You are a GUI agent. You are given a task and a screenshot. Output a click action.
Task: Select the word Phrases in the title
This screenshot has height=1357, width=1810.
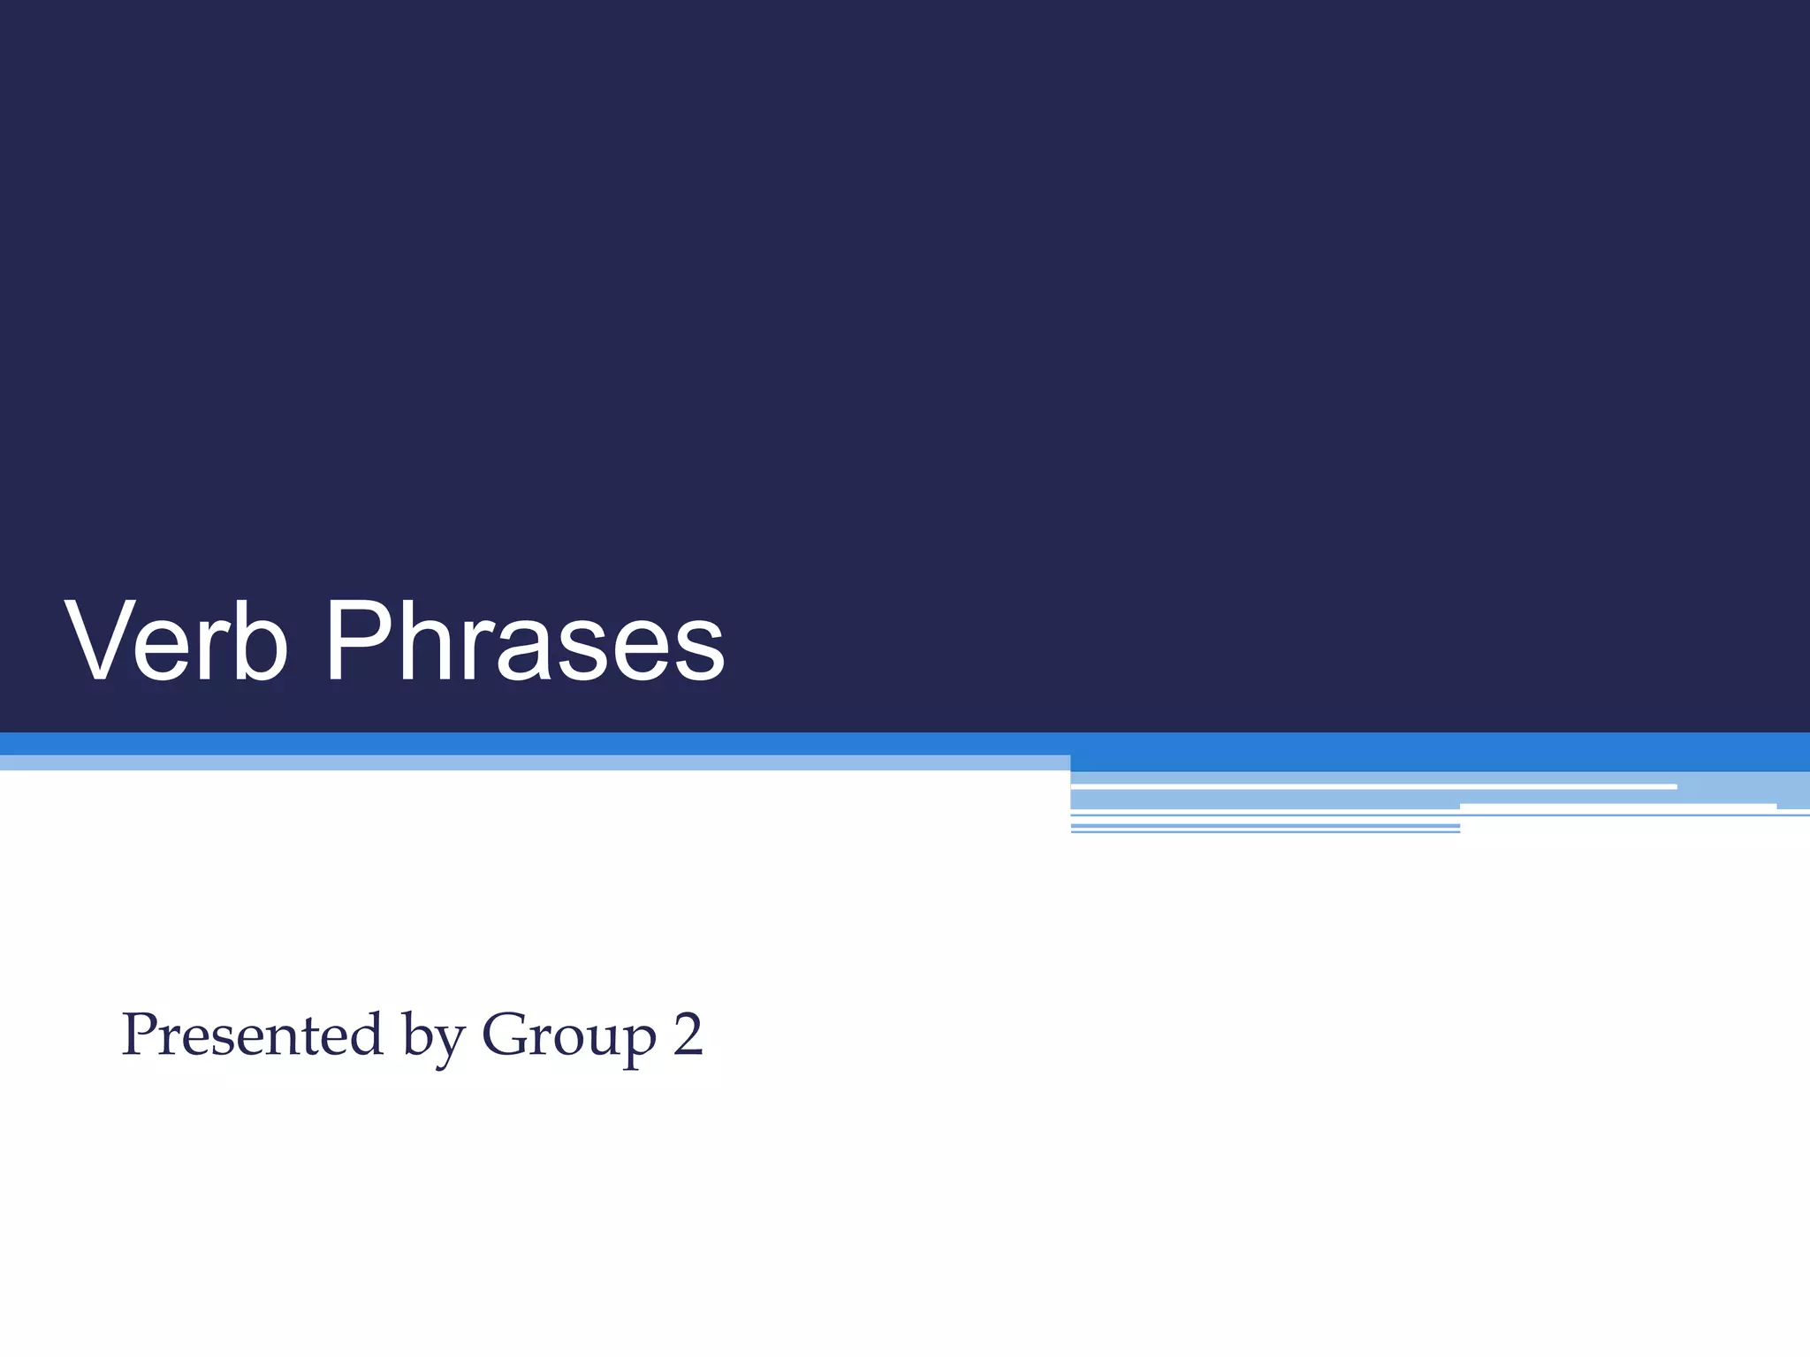[525, 641]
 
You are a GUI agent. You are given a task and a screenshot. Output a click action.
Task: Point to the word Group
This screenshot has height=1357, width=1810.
[569, 1035]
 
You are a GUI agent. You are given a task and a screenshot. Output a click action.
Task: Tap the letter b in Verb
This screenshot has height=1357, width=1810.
[263, 641]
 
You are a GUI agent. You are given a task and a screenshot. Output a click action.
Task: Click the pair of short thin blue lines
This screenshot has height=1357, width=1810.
[1265, 829]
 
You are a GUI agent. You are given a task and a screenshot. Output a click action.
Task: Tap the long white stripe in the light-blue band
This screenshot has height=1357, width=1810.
[1373, 786]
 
